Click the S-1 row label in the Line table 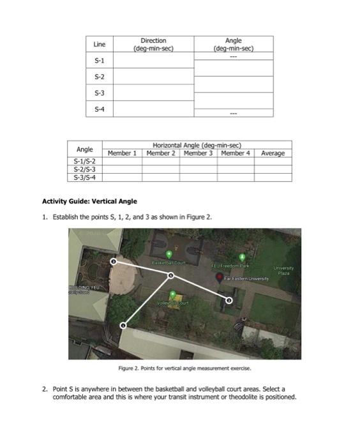click(99, 60)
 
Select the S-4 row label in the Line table click(99, 109)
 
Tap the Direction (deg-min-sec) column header click(153, 44)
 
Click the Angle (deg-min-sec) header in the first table click(234, 44)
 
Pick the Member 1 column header click(123, 153)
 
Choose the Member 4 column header click(236, 153)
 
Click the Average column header click(273, 153)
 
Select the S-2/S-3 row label click(85, 169)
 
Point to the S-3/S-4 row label click(85, 177)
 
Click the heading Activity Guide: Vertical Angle click(89, 201)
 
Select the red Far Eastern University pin click(218, 278)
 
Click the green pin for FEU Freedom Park click(241, 257)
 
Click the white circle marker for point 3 click(114, 261)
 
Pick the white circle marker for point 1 click(123, 326)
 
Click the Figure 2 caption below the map click(185, 368)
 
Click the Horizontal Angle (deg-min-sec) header click(198, 146)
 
